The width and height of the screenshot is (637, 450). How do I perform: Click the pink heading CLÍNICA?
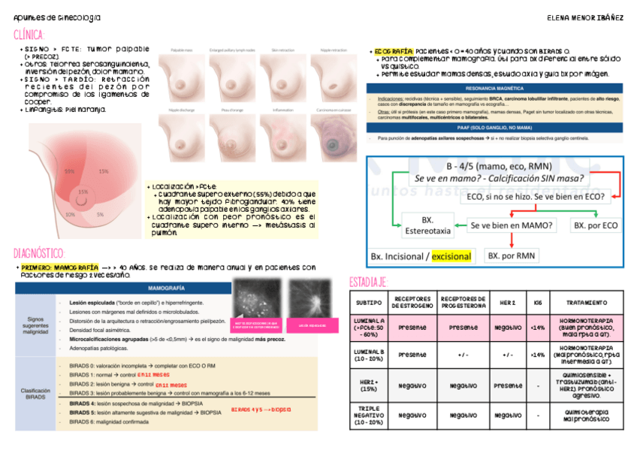tap(29, 35)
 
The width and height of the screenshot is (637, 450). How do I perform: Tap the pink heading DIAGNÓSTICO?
tap(40, 253)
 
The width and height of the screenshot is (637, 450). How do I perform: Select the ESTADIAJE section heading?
tap(368, 282)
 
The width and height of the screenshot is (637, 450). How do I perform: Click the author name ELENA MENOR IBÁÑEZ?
tap(586, 17)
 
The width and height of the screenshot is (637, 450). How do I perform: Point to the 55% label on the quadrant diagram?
tap(69, 171)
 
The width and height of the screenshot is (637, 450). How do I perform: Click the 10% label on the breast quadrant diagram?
tap(70, 214)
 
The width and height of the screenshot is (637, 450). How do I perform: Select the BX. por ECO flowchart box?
tap(595, 225)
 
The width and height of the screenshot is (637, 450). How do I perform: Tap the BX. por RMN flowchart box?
tap(512, 255)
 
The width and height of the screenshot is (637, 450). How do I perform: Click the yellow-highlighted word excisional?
tap(451, 256)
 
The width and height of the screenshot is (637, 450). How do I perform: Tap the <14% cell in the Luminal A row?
tap(537, 328)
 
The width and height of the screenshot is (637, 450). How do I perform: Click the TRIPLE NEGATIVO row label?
tap(369, 415)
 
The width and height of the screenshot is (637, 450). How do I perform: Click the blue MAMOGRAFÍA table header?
tap(167, 288)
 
